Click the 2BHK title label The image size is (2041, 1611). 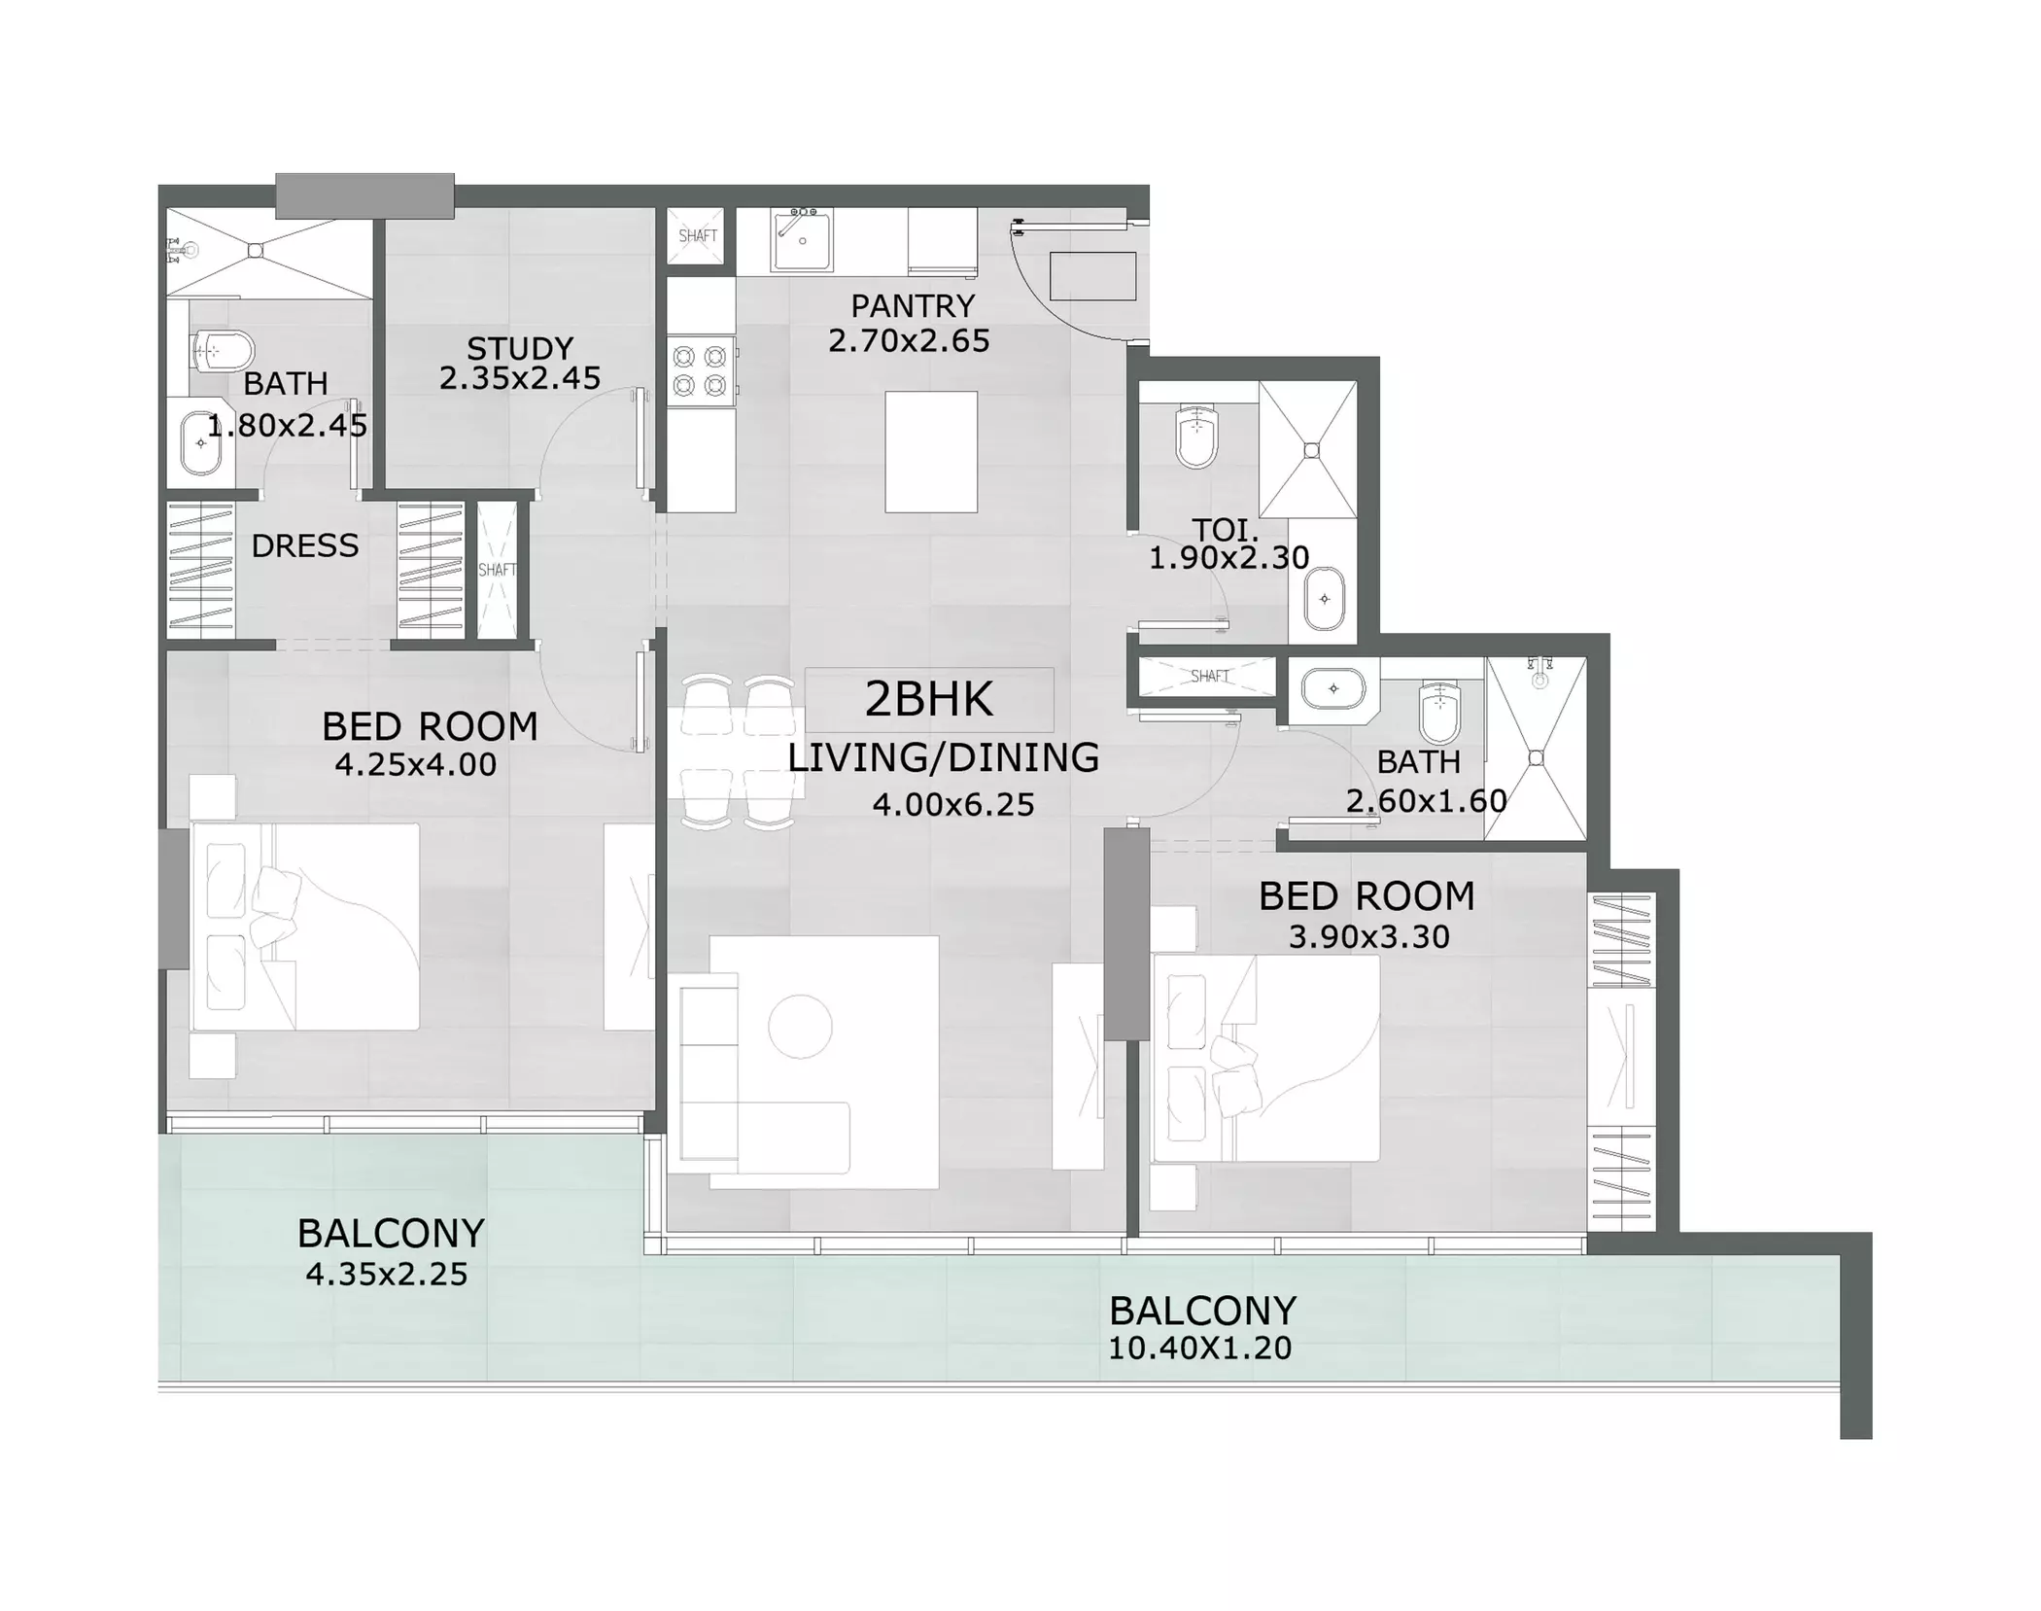click(929, 699)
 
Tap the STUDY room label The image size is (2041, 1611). click(520, 348)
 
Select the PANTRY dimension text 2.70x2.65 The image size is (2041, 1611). click(909, 341)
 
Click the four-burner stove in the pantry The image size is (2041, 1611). click(701, 371)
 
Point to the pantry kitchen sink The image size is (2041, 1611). click(802, 239)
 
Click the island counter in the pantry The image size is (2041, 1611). click(931, 452)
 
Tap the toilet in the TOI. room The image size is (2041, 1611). click(1196, 437)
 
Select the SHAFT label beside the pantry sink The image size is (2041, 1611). click(698, 236)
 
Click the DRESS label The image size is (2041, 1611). click(305, 546)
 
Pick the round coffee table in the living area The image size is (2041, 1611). click(800, 1027)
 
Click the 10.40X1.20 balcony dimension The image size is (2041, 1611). click(1200, 1348)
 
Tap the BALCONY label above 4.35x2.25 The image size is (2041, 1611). click(391, 1234)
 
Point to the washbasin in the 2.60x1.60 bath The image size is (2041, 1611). click(1333, 688)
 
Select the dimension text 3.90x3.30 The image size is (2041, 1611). click(1369, 937)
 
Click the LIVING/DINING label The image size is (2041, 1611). click(943, 757)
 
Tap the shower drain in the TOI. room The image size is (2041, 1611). click(1312, 450)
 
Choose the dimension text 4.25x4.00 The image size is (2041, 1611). click(415, 765)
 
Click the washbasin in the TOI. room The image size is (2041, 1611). click(1325, 599)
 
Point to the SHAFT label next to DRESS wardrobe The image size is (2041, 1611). click(497, 570)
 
